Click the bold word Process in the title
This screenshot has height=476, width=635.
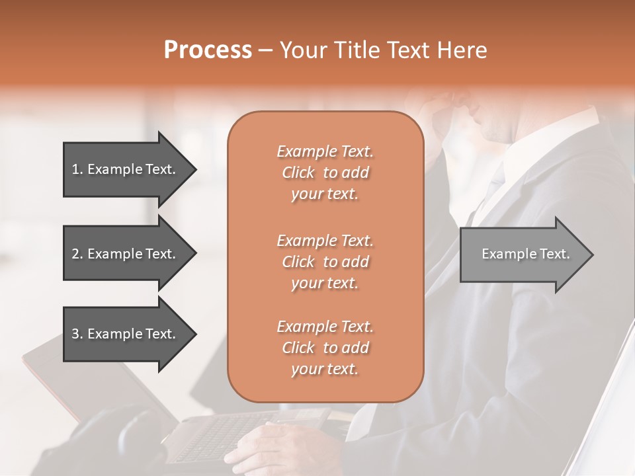tap(208, 50)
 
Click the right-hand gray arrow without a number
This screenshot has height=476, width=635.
tap(523, 254)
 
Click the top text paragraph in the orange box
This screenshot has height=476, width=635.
tap(325, 173)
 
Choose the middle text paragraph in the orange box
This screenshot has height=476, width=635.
tap(325, 262)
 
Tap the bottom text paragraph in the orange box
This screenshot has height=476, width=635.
tap(325, 348)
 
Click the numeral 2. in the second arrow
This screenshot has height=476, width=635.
tap(77, 254)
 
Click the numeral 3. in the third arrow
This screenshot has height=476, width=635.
tap(77, 334)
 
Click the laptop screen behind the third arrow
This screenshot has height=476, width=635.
tap(99, 390)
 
